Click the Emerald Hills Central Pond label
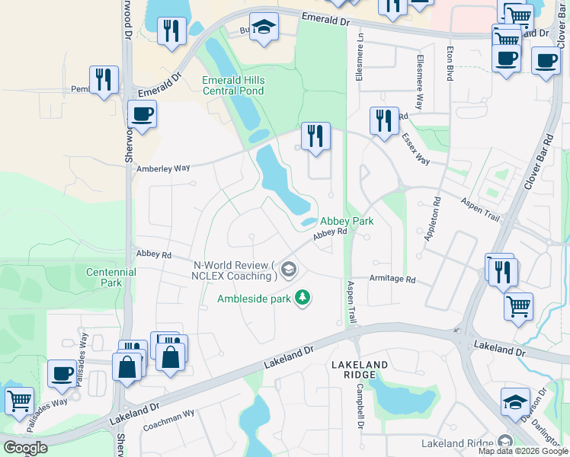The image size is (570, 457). click(232, 85)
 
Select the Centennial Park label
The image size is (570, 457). click(111, 277)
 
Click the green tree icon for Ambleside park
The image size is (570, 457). click(303, 297)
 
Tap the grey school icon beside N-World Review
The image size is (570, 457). click(289, 269)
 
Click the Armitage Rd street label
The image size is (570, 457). click(392, 280)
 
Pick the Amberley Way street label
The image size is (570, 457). click(162, 168)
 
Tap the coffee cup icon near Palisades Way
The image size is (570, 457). click(62, 373)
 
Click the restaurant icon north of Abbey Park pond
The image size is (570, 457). click(315, 136)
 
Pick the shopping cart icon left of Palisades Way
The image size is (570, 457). click(19, 399)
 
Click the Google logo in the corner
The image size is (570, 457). click(25, 448)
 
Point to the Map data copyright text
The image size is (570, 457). click(522, 451)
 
